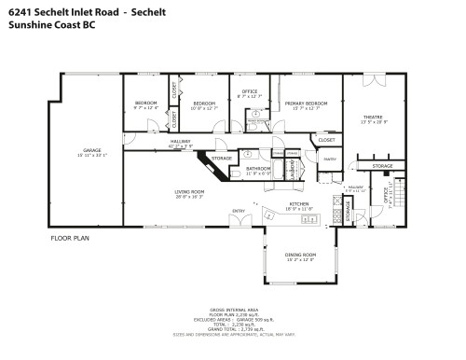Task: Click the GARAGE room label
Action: coord(90,149)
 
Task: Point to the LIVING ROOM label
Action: coord(189,192)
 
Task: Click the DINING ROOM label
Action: coord(300,255)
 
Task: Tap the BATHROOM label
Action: coord(258,169)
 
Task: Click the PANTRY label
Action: coord(330,159)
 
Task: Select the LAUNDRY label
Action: coord(293,167)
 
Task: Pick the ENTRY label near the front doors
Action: coord(238,211)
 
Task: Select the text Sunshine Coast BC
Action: coord(50,27)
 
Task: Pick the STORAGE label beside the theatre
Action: coord(383,166)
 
